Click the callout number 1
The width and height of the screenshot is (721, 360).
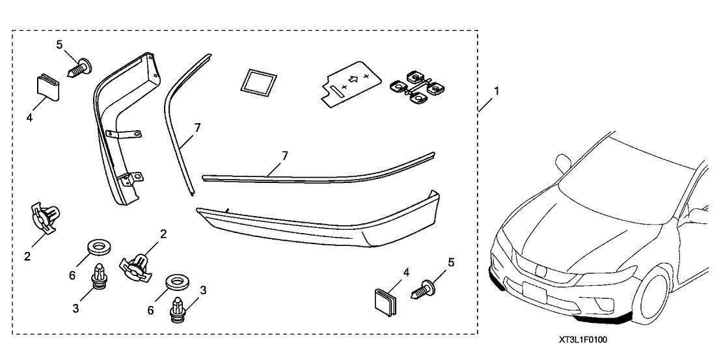click(497, 92)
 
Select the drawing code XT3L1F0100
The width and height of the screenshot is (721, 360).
click(586, 340)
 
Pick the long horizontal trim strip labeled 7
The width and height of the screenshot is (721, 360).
click(319, 167)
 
